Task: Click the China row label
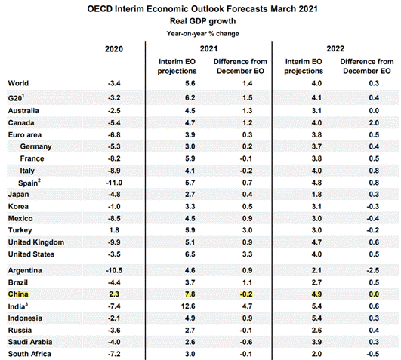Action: pos(18,294)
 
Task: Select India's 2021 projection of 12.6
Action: pos(188,306)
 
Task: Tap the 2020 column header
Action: pos(114,49)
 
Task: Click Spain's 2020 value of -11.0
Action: pos(114,183)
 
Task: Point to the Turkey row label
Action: pos(20,230)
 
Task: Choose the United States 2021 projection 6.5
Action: pos(190,254)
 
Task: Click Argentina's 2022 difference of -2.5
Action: pos(372,270)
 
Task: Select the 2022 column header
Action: pos(335,48)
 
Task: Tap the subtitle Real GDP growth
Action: pos(203,21)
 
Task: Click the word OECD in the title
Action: pos(100,9)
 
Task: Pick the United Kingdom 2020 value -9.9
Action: pos(114,242)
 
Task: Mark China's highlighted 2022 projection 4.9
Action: pos(316,294)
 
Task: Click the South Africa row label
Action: pos(29,354)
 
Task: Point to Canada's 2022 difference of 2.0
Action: pos(374,122)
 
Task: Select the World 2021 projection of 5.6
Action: pos(190,83)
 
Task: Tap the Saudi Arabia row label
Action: pos(30,342)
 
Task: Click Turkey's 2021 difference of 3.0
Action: pos(247,230)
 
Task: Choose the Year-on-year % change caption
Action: pos(203,34)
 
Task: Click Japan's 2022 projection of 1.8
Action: pos(316,195)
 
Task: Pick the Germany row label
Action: pos(35,146)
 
